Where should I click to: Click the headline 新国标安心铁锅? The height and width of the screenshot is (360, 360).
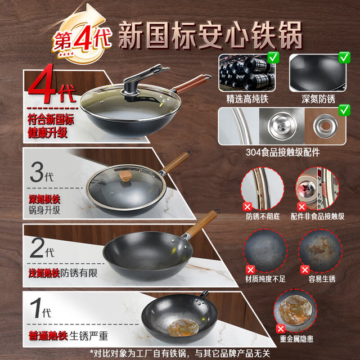[210, 35]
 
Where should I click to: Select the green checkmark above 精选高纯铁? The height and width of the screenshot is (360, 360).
[273, 57]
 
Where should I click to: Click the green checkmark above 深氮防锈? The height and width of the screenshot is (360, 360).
[344, 57]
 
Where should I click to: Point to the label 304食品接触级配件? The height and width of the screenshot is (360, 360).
[283, 152]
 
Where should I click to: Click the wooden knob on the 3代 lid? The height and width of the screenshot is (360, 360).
[125, 176]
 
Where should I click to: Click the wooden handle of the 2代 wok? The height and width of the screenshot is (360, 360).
[202, 224]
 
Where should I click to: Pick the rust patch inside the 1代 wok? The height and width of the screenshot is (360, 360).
[183, 327]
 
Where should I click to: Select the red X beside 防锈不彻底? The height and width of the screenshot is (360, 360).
[247, 207]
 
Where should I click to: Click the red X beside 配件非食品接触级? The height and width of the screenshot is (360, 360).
[302, 207]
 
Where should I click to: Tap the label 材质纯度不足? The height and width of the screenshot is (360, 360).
[265, 279]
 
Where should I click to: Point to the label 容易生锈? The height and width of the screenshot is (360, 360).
[322, 279]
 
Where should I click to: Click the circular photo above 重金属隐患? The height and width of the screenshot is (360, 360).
[295, 310]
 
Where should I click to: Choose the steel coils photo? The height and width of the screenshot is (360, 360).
[247, 73]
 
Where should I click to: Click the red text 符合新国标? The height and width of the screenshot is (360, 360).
[51, 120]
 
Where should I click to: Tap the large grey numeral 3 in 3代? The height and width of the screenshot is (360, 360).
[37, 172]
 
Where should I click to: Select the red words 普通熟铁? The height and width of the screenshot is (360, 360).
[48, 336]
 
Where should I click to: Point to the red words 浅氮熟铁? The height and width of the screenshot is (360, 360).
[44, 273]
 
